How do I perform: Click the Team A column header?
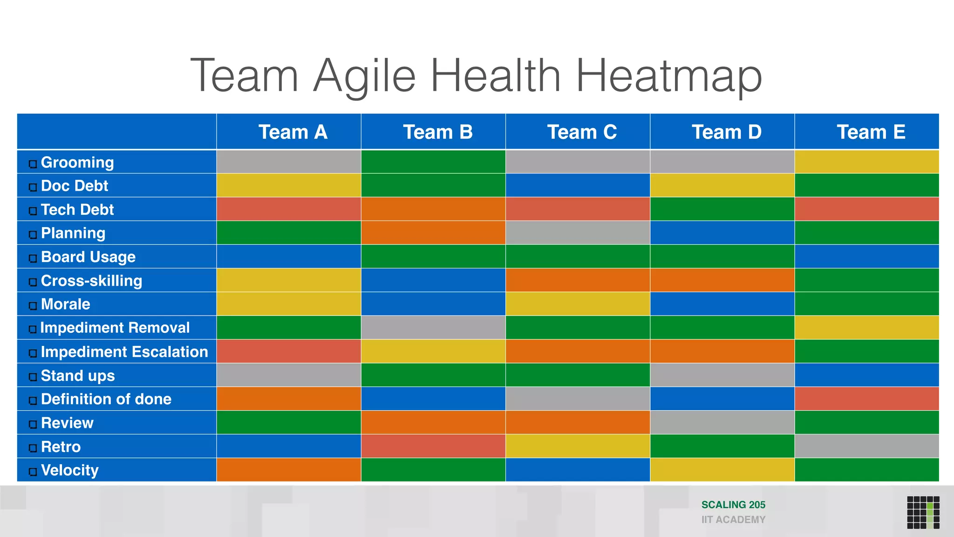(293, 132)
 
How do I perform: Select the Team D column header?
(726, 132)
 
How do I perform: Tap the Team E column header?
(871, 132)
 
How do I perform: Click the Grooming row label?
(77, 162)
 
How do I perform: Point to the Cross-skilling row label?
(91, 281)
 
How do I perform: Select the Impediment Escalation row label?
(124, 352)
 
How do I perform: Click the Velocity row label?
(70, 470)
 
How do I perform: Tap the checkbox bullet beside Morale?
(33, 306)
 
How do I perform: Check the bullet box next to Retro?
(33, 448)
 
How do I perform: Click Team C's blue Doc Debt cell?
(578, 186)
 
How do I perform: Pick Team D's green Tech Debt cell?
(722, 209)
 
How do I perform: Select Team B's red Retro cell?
(433, 446)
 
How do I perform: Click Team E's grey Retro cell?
(866, 446)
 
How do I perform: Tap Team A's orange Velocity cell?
(289, 470)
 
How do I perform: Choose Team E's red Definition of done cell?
(866, 399)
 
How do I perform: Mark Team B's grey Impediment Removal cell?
(433, 328)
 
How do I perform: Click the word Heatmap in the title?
(668, 76)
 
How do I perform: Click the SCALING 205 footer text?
(733, 505)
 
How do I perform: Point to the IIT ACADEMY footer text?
(733, 520)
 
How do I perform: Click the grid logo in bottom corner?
(923, 512)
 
